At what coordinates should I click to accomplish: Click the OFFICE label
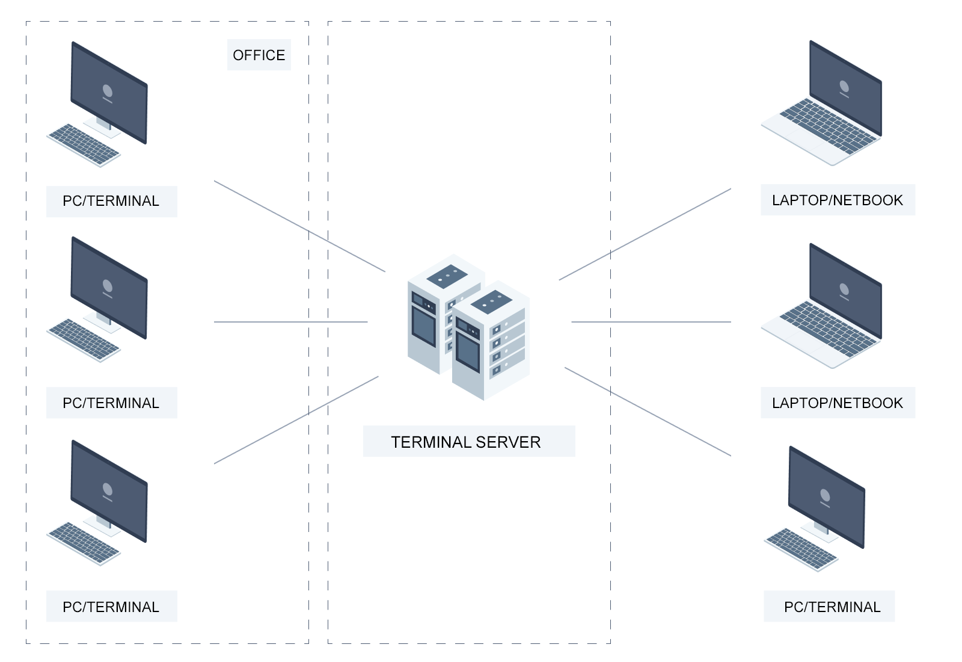259,55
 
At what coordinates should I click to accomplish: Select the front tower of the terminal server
491,341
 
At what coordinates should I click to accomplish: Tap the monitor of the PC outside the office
827,497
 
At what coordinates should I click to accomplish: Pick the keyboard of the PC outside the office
801,550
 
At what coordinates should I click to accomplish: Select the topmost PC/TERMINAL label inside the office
112,201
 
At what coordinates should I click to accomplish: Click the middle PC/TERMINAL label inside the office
112,403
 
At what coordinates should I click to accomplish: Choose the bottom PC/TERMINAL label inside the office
112,607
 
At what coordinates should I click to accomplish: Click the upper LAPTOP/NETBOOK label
838,200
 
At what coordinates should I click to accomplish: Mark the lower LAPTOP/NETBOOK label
838,403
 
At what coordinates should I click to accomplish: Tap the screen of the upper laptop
845,88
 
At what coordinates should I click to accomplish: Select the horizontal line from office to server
291,322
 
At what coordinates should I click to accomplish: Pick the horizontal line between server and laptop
651,322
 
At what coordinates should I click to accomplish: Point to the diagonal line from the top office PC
300,226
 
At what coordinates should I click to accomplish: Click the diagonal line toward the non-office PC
648,412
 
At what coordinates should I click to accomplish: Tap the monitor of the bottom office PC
109,491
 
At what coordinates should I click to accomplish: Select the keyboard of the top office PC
84,145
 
